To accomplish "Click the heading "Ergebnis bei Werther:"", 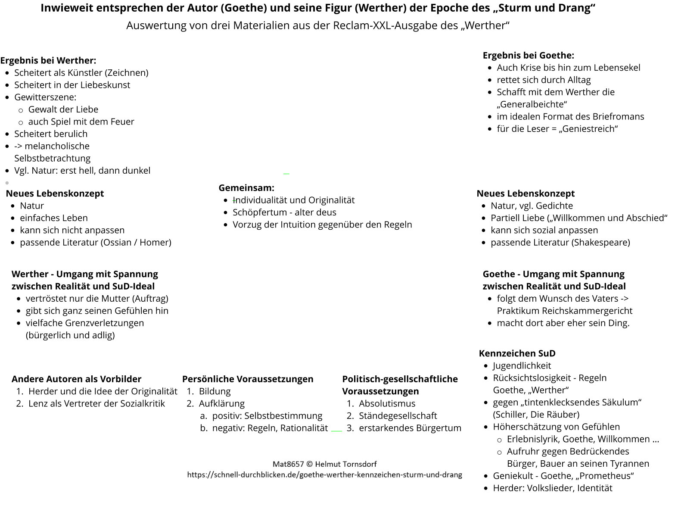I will (x=48, y=60).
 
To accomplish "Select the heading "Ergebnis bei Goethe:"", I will (x=528, y=55).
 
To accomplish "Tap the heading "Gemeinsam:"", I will (x=246, y=188).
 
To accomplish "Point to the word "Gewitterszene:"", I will (x=45, y=97).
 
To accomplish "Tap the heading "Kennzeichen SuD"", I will (x=517, y=353).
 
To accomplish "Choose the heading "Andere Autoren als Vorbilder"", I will (x=76, y=379).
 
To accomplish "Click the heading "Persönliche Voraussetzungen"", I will (x=248, y=379).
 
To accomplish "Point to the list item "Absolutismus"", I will (x=387, y=404).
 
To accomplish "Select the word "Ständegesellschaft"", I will (x=398, y=416).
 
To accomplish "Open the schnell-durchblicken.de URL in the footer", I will (x=324, y=475).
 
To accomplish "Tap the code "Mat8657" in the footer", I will (x=288, y=464).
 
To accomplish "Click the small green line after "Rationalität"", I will (x=336, y=431).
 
